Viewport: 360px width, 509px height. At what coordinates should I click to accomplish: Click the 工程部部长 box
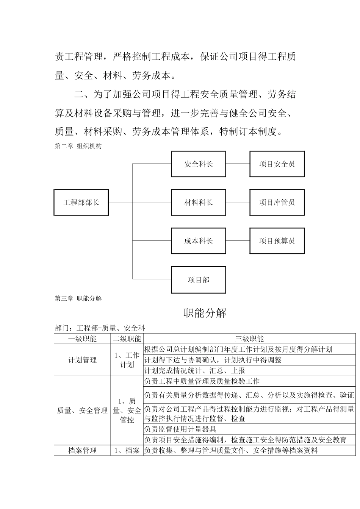pyautogui.click(x=81, y=203)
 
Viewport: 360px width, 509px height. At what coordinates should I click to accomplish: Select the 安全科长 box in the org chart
pyautogui.click(x=198, y=164)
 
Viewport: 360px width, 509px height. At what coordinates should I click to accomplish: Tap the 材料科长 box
pyautogui.click(x=198, y=203)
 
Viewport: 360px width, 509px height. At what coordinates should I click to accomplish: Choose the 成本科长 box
pyautogui.click(x=198, y=241)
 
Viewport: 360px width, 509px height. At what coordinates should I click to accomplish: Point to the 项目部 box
pyautogui.click(x=198, y=280)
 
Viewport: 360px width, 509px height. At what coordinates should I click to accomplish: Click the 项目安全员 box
pyautogui.click(x=277, y=164)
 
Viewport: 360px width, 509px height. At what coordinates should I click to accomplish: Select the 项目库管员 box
pyautogui.click(x=277, y=203)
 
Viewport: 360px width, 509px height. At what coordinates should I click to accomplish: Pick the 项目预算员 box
pyautogui.click(x=277, y=241)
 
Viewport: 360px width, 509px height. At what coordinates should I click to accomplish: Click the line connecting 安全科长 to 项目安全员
pyautogui.click(x=238, y=164)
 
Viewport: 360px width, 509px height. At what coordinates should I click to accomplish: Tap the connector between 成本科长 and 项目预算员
pyautogui.click(x=238, y=241)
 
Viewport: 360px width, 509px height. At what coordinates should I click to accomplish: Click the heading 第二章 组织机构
pyautogui.click(x=78, y=146)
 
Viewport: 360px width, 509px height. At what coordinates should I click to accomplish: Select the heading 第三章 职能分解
pyautogui.click(x=78, y=298)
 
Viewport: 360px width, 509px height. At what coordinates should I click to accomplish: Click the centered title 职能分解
pyautogui.click(x=205, y=313)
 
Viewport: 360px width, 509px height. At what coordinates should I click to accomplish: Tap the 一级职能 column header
pyautogui.click(x=82, y=339)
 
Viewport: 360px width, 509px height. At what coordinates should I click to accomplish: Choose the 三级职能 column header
pyautogui.click(x=249, y=339)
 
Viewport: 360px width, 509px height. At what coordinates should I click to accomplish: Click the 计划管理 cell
pyautogui.click(x=82, y=360)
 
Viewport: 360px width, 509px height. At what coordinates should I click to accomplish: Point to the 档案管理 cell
pyautogui.click(x=82, y=450)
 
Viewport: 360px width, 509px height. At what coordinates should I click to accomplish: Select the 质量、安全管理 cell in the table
pyautogui.click(x=82, y=410)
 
